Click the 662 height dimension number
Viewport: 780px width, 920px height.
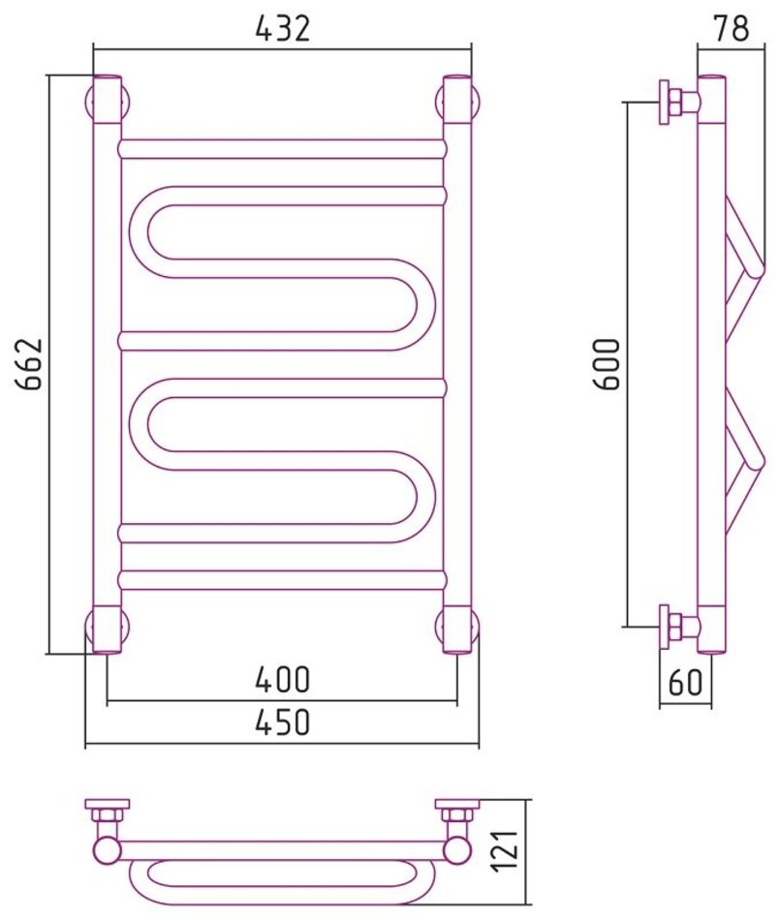29,363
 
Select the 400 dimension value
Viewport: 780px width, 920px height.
282,679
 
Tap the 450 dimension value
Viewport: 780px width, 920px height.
282,721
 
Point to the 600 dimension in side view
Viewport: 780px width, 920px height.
606,364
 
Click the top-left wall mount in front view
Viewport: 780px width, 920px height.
108,101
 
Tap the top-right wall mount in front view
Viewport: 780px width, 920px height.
458,101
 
